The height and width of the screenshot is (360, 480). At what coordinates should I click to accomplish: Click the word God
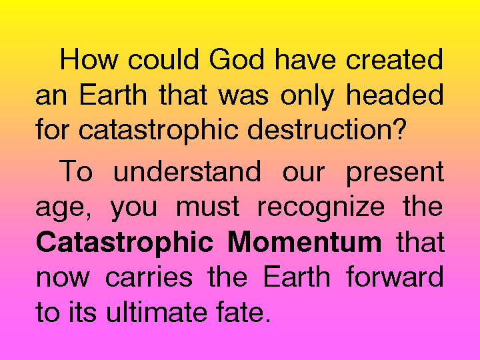[x=236, y=59]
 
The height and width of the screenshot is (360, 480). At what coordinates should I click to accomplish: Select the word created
[x=394, y=59]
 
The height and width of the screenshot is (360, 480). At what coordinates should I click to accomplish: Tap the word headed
[x=394, y=94]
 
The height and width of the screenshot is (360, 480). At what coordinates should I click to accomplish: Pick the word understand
[x=187, y=171]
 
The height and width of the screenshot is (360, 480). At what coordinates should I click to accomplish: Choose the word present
[x=395, y=173]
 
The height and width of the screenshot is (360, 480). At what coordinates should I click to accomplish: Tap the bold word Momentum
[x=305, y=242]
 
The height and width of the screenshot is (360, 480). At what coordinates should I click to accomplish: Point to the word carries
[x=149, y=277]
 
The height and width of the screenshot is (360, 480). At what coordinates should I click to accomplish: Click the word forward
[x=395, y=276]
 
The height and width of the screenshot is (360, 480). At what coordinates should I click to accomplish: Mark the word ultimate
[x=157, y=311]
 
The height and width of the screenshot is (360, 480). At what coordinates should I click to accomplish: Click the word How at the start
[x=89, y=59]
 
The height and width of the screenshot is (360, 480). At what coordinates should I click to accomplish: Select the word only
[x=307, y=96]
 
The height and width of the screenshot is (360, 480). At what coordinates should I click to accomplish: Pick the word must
[x=208, y=207]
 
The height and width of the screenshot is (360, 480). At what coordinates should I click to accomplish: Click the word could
[x=163, y=59]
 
